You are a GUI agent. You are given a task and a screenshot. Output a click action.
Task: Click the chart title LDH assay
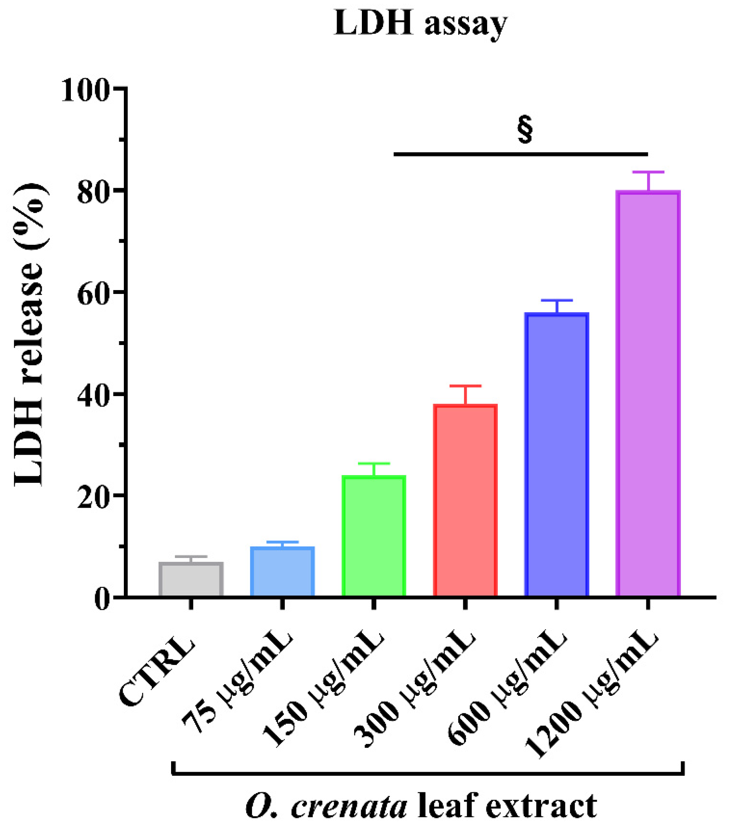click(420, 24)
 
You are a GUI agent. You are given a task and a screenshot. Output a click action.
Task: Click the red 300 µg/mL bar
click(465, 500)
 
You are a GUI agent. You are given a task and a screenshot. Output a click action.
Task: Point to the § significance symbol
click(525, 130)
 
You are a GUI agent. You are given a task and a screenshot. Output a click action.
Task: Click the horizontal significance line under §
click(520, 154)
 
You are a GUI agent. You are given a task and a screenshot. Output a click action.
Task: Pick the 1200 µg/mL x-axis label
click(591, 691)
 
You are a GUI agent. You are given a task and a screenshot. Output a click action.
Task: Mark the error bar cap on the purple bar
click(648, 172)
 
